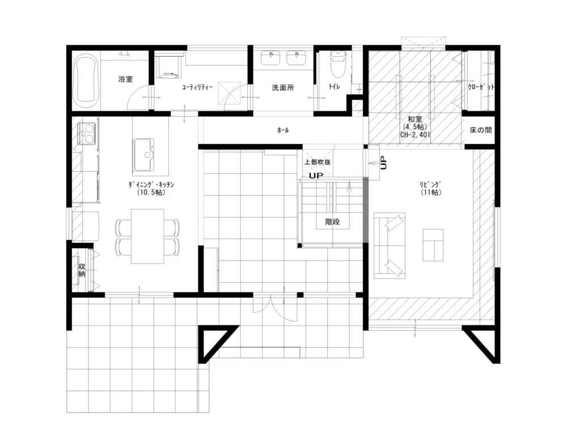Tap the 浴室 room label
(x=125, y=79)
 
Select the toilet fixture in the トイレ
(x=338, y=64)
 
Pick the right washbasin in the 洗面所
(x=297, y=58)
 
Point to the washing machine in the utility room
(x=169, y=65)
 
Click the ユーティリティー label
(x=197, y=87)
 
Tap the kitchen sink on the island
(x=145, y=155)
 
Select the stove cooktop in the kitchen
(x=87, y=133)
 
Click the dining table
(x=147, y=236)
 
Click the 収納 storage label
(x=82, y=270)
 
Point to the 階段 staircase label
(x=333, y=222)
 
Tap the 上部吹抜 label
(x=317, y=162)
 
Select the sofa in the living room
(x=389, y=246)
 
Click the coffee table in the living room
(x=433, y=245)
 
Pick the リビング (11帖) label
(x=431, y=188)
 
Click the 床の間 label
(x=481, y=130)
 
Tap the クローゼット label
(x=481, y=87)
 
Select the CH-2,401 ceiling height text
(x=415, y=135)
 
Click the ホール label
(x=283, y=130)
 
